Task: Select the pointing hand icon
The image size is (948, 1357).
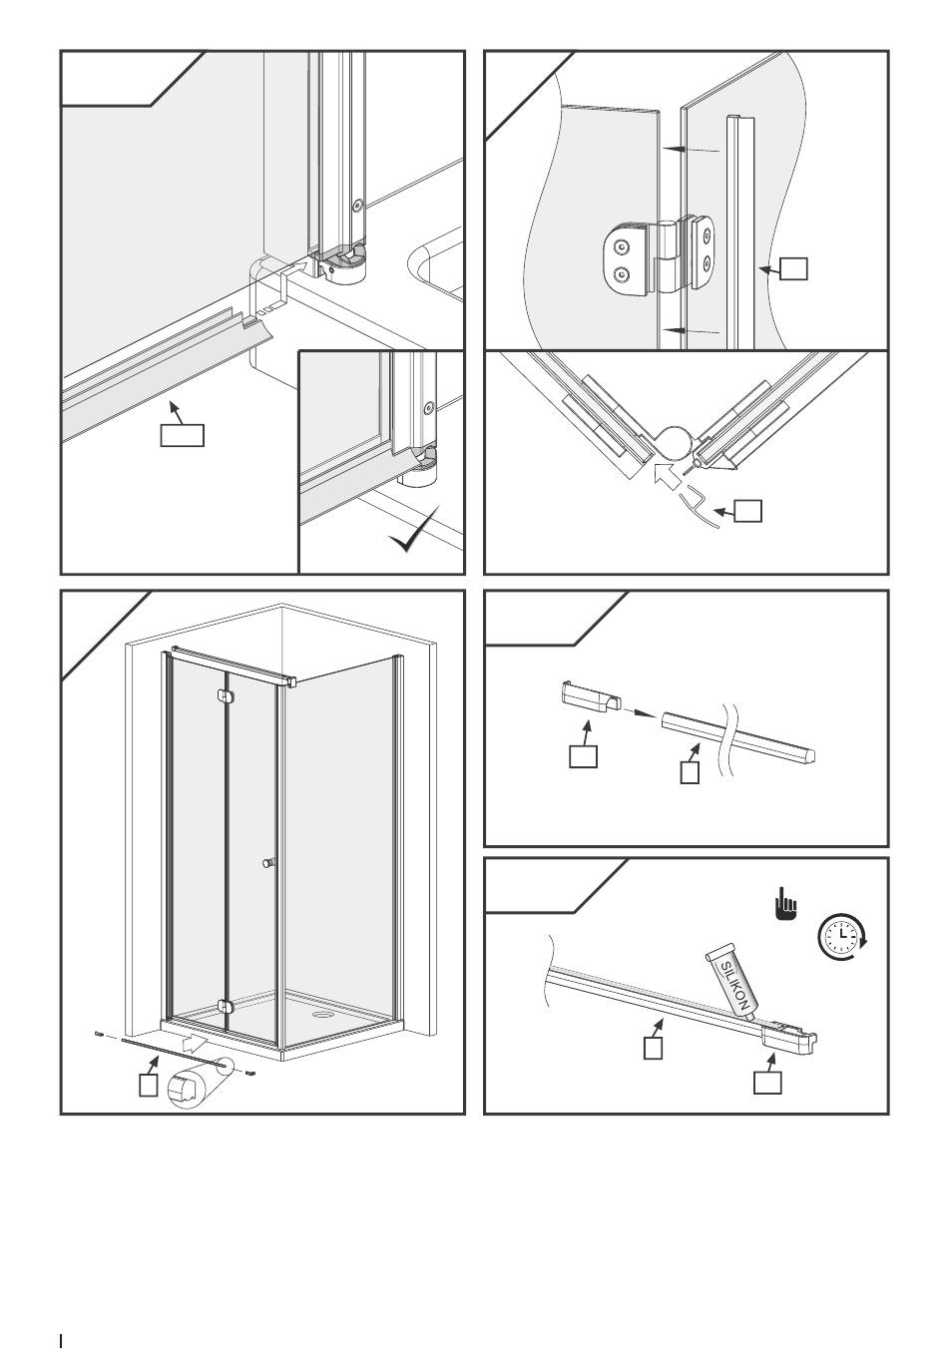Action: [x=787, y=906]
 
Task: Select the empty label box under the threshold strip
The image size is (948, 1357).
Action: [x=183, y=435]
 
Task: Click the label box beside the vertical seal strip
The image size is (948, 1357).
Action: [x=793, y=268]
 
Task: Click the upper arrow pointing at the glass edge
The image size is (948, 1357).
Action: [x=695, y=150]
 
